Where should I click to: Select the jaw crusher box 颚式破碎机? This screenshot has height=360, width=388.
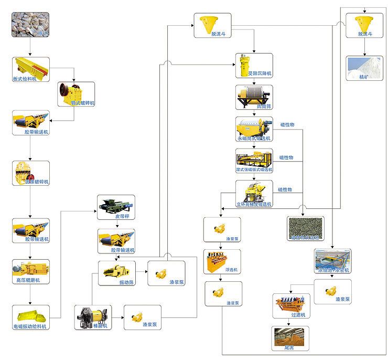[x=76, y=93]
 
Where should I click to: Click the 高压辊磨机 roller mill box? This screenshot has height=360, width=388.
[x=30, y=271]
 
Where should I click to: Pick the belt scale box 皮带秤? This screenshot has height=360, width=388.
[x=116, y=207]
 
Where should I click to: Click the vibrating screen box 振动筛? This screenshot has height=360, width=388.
[x=116, y=273]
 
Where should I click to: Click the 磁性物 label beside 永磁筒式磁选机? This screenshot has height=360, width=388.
[x=287, y=124]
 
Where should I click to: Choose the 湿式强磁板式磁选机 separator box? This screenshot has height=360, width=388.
[x=254, y=161]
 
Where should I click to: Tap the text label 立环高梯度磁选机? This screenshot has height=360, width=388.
[x=254, y=203]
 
